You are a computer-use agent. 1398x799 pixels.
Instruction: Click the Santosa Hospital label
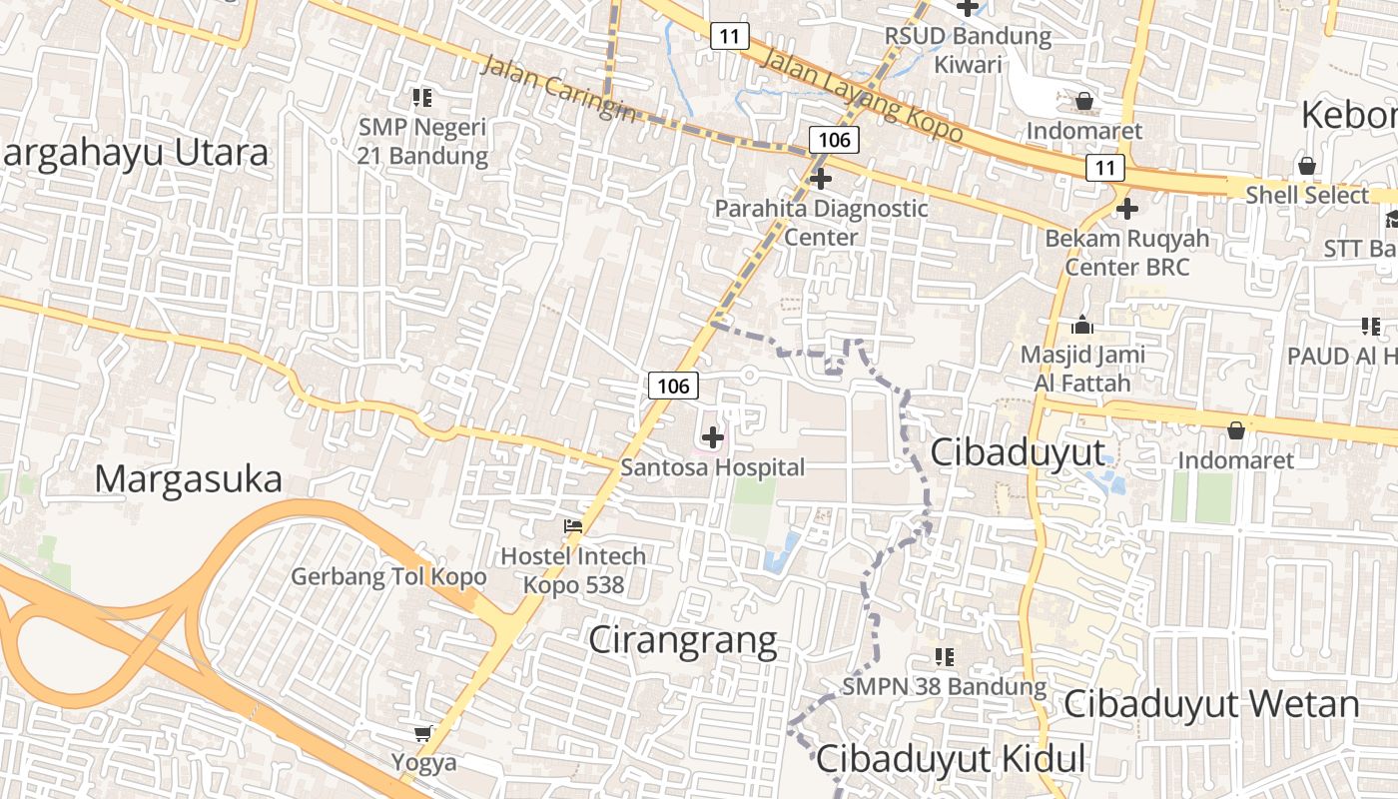pos(712,466)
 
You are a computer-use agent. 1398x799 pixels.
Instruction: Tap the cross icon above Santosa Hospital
pos(713,436)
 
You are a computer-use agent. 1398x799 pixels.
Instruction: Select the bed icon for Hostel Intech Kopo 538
pos(573,525)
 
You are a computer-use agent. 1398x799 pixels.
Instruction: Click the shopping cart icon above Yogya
pos(423,734)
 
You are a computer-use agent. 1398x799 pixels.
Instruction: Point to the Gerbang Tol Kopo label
pos(388,576)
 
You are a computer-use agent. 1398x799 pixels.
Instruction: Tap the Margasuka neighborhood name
pos(189,479)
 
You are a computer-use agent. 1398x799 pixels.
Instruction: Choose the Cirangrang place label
pos(682,639)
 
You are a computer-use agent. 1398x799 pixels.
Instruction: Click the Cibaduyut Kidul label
pos(950,759)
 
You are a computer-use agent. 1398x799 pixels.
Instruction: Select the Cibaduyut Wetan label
pos(1210,704)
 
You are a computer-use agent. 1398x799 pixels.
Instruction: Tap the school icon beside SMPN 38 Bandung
pos(945,657)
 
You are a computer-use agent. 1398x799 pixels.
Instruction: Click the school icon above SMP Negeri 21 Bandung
pos(422,98)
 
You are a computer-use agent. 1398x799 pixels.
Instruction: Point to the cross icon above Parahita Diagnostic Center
pos(821,179)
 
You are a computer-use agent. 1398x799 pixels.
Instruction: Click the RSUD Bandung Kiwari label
pos(968,50)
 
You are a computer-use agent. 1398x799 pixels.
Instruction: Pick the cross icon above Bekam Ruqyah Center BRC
pos(1127,209)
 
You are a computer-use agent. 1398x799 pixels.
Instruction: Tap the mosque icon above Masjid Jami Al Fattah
pos(1081,325)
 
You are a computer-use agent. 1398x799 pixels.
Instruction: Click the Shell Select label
pos(1306,195)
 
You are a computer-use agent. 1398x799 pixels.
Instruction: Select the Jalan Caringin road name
pos(557,89)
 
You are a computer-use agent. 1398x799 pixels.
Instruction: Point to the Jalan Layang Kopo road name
pos(861,95)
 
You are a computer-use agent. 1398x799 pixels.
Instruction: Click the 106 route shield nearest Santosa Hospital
pos(673,386)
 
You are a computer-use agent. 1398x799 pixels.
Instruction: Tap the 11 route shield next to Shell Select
pos(1104,168)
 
